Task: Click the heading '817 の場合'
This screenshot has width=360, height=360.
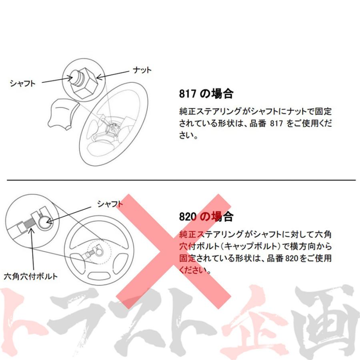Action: click(x=206, y=94)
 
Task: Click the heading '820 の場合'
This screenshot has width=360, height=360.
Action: click(x=206, y=217)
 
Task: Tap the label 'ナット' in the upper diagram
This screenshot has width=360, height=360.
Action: click(x=142, y=70)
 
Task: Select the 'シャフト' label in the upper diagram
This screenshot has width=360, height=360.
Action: click(x=22, y=83)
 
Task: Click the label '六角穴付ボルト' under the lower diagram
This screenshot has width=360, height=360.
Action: click(x=30, y=276)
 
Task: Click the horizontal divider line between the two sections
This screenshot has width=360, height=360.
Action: click(x=180, y=180)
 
